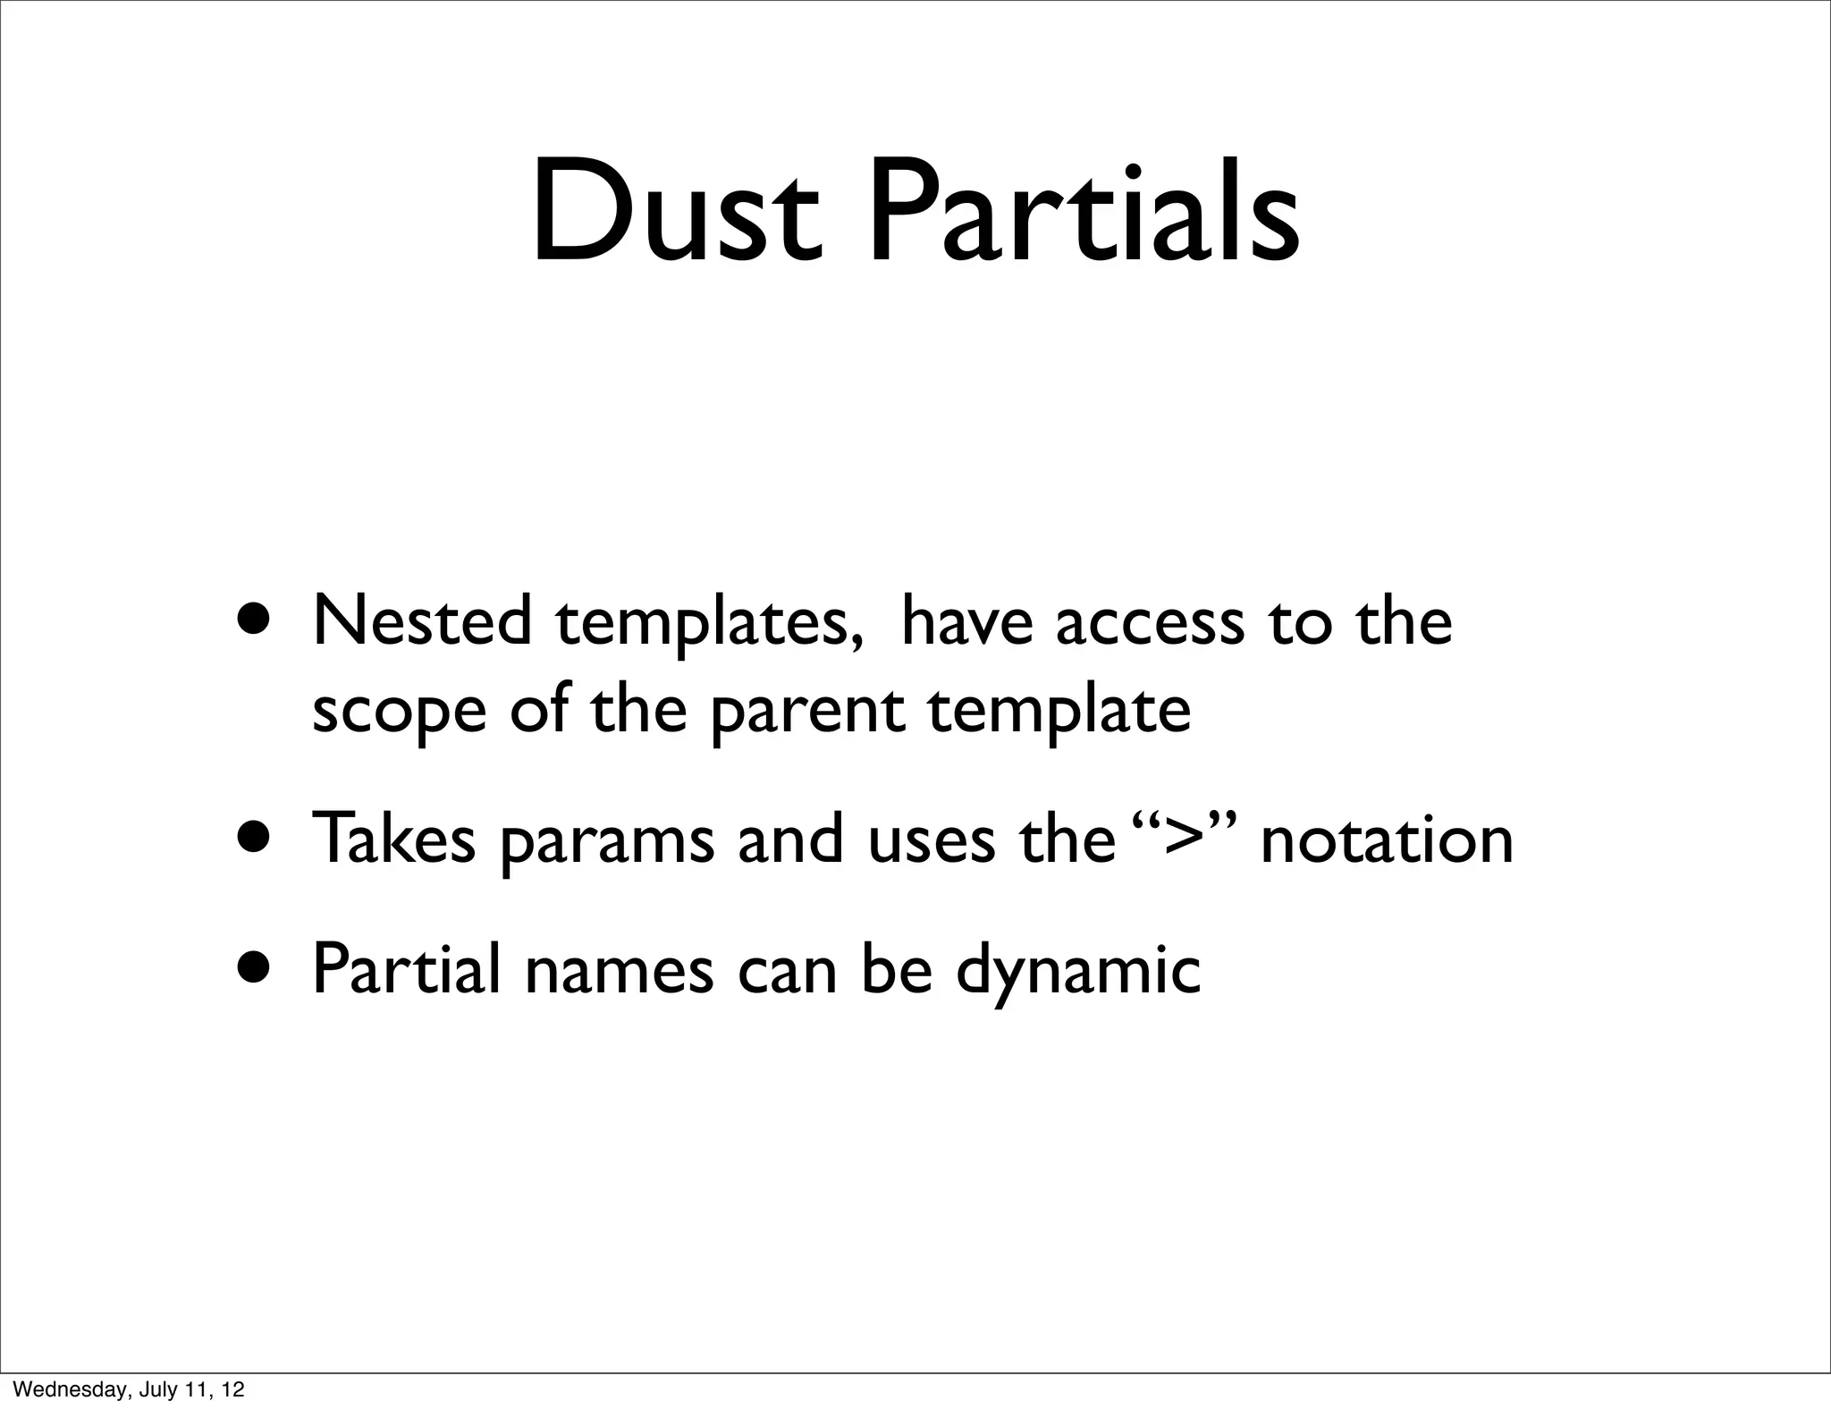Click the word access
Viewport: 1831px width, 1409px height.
pos(1149,624)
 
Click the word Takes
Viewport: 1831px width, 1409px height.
pos(392,840)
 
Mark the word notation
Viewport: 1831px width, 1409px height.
pos(1387,840)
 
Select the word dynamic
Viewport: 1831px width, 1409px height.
pos(1077,973)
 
